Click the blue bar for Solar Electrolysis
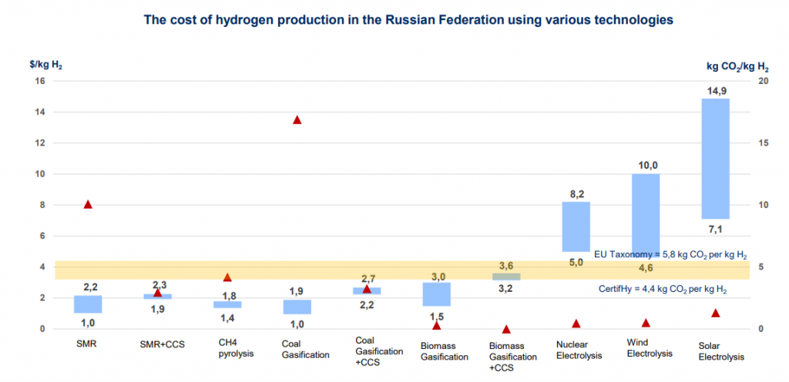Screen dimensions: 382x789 715,159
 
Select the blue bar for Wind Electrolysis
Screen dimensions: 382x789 645,208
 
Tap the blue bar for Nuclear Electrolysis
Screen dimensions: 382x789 576,226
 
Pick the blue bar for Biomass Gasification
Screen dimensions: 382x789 436,294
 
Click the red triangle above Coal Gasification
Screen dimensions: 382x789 297,120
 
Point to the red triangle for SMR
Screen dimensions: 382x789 88,204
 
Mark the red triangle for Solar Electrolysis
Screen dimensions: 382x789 715,313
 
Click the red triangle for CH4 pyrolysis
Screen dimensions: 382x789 227,277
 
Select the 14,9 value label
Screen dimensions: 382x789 716,91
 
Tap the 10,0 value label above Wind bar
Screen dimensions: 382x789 646,166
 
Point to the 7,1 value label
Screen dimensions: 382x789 716,230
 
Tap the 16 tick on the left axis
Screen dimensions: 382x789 40,81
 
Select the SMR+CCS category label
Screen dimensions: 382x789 157,342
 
